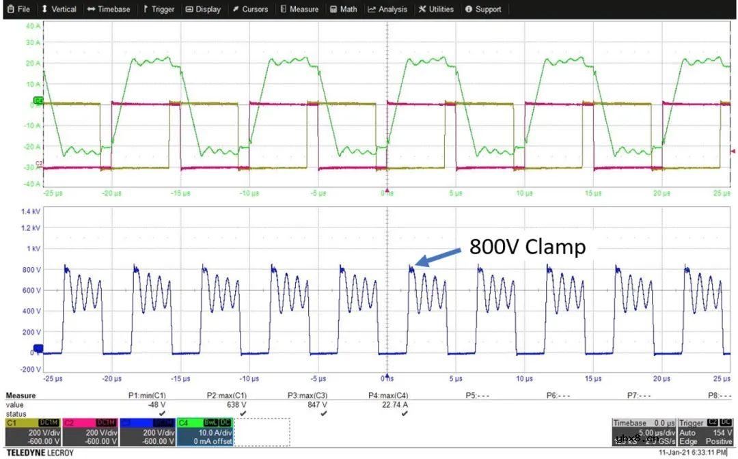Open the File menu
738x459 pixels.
[18, 10]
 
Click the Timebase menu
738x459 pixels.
[109, 10]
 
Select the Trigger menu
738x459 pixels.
[159, 10]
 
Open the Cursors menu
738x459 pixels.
[250, 10]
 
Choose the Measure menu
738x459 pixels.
[299, 10]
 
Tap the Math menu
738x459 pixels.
[344, 10]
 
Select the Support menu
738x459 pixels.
[483, 10]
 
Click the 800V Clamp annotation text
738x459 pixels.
[527, 247]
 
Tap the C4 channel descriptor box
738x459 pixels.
[204, 432]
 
